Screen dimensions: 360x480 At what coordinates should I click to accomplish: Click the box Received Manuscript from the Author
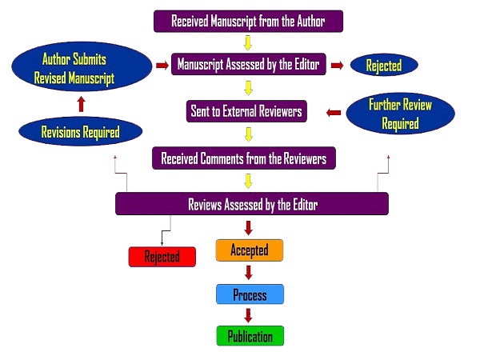pos(249,21)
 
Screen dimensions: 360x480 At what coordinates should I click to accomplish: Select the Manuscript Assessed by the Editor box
pos(248,64)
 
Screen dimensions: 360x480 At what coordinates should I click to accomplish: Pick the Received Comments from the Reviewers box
pos(244,158)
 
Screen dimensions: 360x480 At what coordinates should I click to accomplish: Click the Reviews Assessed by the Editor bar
pos(252,204)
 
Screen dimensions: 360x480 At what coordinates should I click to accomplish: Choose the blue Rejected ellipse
pos(385,65)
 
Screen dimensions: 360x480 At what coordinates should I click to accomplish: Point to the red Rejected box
pos(162,257)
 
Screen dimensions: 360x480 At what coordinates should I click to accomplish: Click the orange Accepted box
pos(249,250)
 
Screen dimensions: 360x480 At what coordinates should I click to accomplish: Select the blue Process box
pos(250,294)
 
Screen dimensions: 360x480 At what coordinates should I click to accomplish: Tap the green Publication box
pos(250,336)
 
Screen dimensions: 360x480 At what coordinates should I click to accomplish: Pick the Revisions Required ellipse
pos(81,132)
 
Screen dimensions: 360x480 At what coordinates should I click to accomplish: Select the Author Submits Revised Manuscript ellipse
pos(81,69)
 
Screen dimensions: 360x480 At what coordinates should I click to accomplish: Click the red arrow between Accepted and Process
pos(249,272)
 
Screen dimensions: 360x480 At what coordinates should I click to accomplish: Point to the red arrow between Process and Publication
pos(249,315)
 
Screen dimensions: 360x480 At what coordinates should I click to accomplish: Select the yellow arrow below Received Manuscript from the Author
pos(248,42)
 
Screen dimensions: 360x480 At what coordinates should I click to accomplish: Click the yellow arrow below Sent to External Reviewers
pos(248,134)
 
